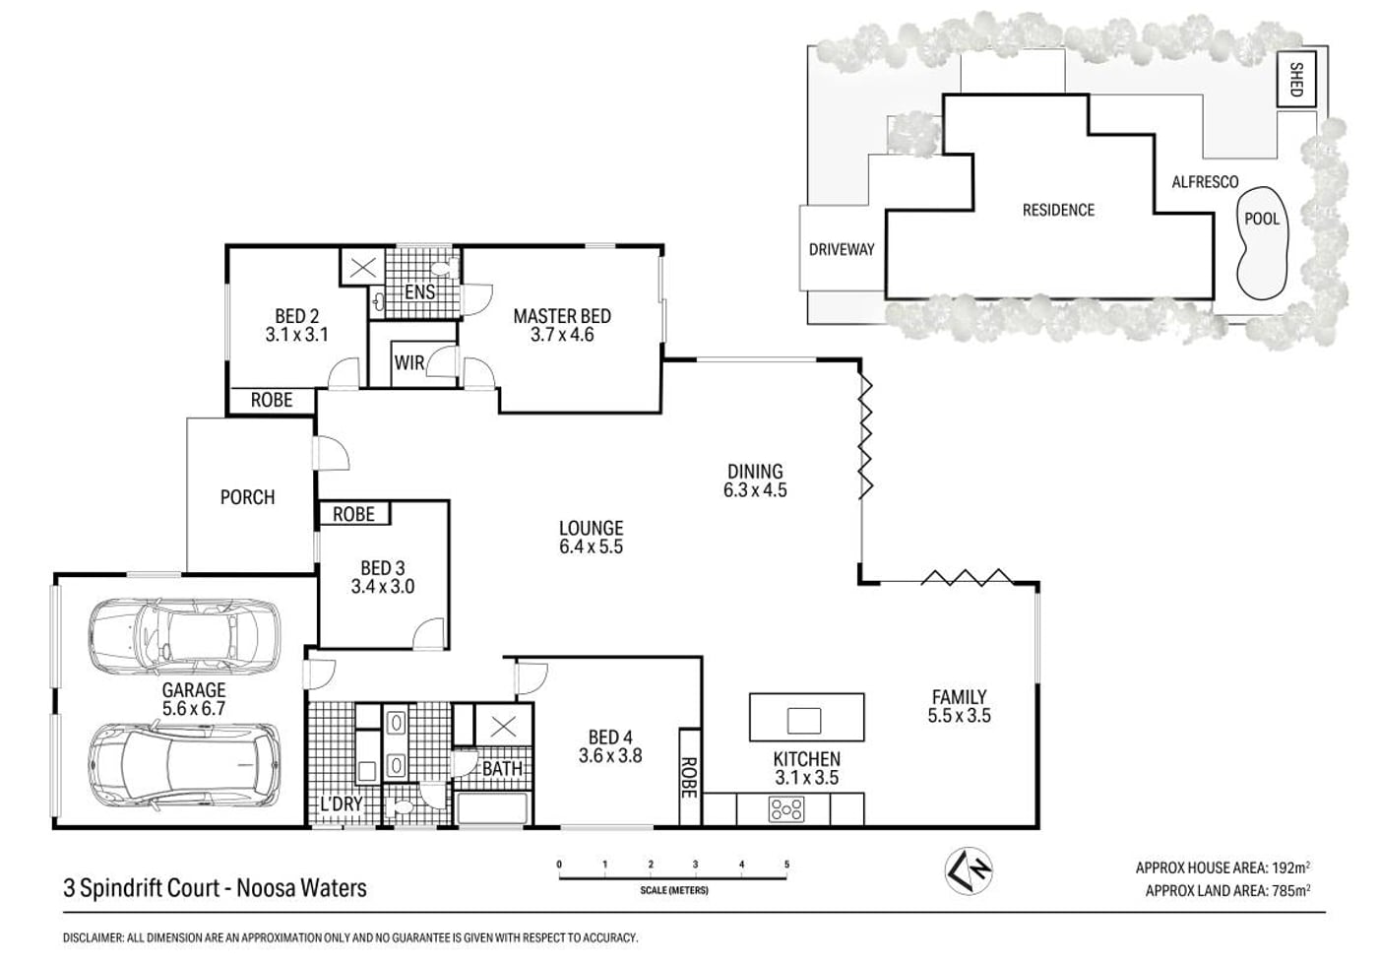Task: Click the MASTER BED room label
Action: (x=562, y=316)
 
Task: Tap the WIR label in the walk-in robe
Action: (x=409, y=363)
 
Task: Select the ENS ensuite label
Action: (x=419, y=291)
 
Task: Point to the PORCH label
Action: (x=247, y=497)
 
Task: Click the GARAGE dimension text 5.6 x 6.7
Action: (x=194, y=709)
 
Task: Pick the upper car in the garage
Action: (x=185, y=635)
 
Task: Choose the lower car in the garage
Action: (x=185, y=766)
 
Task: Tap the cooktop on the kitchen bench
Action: (x=786, y=809)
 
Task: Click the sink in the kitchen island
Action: (x=804, y=721)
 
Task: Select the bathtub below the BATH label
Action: (x=491, y=808)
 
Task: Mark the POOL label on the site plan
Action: (x=1262, y=220)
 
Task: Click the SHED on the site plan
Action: (x=1296, y=80)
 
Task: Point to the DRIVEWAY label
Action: (x=842, y=249)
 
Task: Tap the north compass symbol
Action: (x=969, y=870)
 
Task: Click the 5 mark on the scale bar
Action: (x=786, y=865)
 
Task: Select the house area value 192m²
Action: (x=1287, y=868)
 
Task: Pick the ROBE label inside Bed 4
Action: (x=690, y=778)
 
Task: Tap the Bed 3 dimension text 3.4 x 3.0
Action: (x=383, y=587)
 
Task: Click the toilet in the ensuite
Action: (x=445, y=268)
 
